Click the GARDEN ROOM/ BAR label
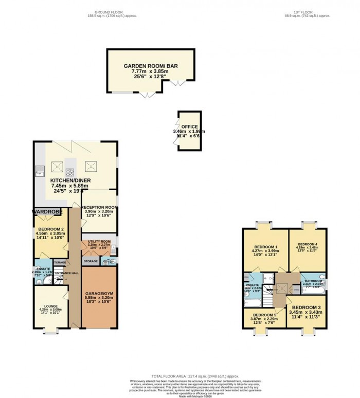pos(151,66)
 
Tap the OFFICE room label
pos(190,126)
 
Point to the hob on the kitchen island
pos(69,173)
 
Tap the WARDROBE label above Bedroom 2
pos(48,211)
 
